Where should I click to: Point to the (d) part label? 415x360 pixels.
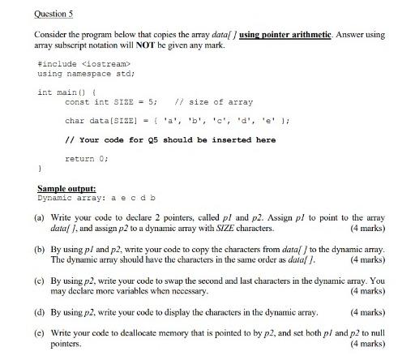[40, 311]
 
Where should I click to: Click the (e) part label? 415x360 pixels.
[40, 333]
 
